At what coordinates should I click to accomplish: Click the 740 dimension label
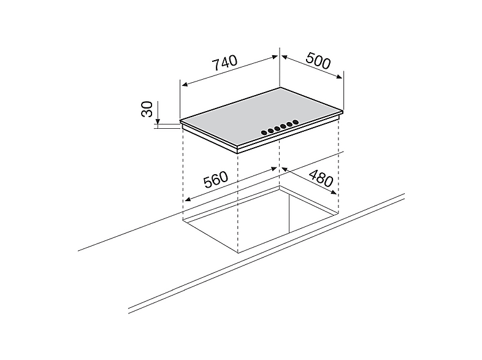click(x=225, y=63)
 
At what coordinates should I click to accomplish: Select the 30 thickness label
click(x=147, y=109)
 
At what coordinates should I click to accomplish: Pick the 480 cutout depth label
click(x=321, y=178)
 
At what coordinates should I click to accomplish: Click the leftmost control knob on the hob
click(x=264, y=133)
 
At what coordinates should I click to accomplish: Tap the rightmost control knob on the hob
click(x=296, y=123)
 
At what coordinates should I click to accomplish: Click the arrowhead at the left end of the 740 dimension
click(x=185, y=84)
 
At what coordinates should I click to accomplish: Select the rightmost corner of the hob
click(x=343, y=110)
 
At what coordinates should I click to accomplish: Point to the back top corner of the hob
click(x=280, y=88)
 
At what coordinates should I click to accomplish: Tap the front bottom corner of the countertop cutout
click(x=238, y=253)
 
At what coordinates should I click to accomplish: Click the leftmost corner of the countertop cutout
click(x=183, y=220)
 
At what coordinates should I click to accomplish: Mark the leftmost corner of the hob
click(x=180, y=121)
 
